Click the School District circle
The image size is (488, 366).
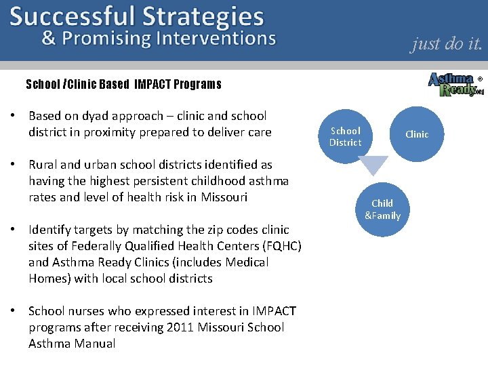(x=345, y=136)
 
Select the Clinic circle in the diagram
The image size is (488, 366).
(x=417, y=134)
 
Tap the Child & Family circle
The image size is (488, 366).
(x=382, y=209)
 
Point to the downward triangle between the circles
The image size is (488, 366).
(x=373, y=165)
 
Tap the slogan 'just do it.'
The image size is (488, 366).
(x=447, y=43)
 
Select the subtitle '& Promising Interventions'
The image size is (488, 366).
(x=159, y=38)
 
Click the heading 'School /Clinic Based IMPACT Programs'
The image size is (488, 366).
(x=123, y=85)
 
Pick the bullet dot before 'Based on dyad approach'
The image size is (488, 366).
(x=14, y=116)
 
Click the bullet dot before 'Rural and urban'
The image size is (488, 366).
(x=14, y=165)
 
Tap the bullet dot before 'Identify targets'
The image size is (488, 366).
(x=14, y=230)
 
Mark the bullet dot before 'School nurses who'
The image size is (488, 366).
(x=14, y=311)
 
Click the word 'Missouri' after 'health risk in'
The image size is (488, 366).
(x=224, y=197)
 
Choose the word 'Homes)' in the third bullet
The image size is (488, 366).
(x=48, y=279)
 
